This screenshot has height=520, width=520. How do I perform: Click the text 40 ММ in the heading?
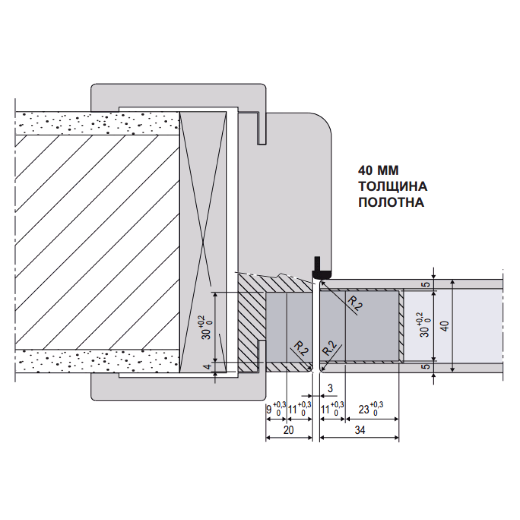click(x=378, y=171)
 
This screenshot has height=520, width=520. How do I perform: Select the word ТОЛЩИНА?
click(x=393, y=186)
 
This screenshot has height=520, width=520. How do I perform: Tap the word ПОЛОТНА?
click(x=391, y=202)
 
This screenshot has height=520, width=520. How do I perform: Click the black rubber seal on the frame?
click(x=321, y=269)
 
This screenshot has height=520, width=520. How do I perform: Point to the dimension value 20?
click(x=288, y=430)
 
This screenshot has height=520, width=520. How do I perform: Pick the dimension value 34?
click(x=360, y=430)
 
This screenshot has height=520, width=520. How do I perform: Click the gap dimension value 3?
click(x=330, y=388)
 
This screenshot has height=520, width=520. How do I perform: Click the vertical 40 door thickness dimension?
click(x=445, y=326)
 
